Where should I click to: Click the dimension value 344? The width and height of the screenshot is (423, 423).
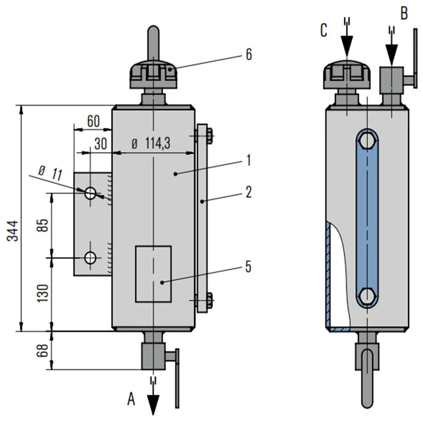tap(14, 231)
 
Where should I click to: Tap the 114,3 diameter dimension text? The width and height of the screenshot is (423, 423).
tap(151, 144)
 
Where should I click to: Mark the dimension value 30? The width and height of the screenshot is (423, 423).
tap(100, 144)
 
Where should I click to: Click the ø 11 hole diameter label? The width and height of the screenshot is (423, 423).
tap(50, 173)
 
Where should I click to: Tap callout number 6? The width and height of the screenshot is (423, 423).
tap(248, 55)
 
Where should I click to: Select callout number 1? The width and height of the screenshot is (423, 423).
tap(248, 160)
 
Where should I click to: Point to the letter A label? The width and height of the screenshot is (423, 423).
tap(132, 398)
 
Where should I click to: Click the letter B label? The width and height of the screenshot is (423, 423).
tap(404, 14)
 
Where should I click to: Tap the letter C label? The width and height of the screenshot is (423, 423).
tap(324, 31)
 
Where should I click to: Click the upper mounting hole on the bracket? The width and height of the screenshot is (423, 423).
tap(90, 193)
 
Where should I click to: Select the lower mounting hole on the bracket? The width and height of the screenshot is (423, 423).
tap(90, 257)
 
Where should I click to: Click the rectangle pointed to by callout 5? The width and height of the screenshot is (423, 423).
tap(153, 274)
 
